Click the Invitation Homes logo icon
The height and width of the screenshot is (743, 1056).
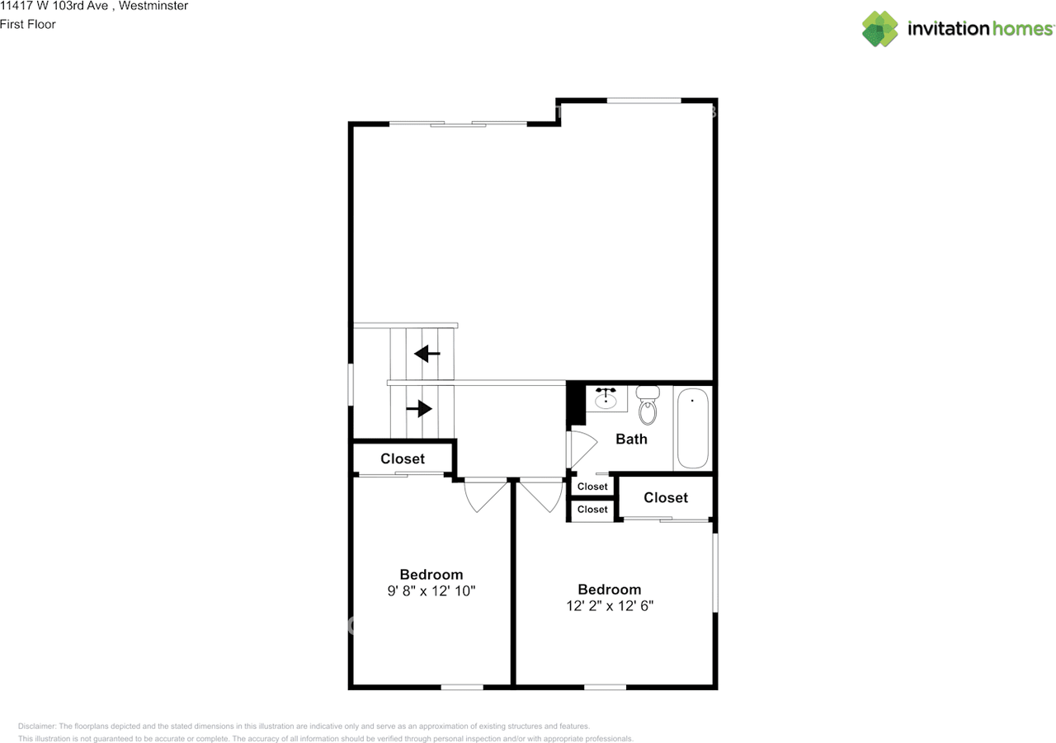[x=880, y=29]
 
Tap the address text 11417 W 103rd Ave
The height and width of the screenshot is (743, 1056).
[x=53, y=7]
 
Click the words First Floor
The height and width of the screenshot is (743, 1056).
[x=28, y=25]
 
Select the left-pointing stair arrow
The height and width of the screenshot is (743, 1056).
[x=427, y=354]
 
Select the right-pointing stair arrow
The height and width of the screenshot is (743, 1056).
[x=420, y=408]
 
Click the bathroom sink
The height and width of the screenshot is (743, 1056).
[x=606, y=398]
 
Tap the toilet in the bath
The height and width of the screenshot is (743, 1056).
[x=648, y=405]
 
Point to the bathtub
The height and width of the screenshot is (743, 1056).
[x=692, y=428]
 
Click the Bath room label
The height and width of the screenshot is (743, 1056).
[x=631, y=439]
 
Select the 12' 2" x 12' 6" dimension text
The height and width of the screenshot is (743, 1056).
[x=609, y=605]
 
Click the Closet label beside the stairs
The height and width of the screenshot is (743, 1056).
[x=403, y=458]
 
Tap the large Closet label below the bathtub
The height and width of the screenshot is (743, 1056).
[x=665, y=497]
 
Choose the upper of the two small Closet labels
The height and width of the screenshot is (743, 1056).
[x=592, y=487]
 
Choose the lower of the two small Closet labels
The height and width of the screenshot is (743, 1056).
[x=592, y=510]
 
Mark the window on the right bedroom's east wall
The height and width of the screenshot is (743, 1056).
[x=715, y=572]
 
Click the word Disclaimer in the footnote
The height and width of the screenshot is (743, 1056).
[x=37, y=727]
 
